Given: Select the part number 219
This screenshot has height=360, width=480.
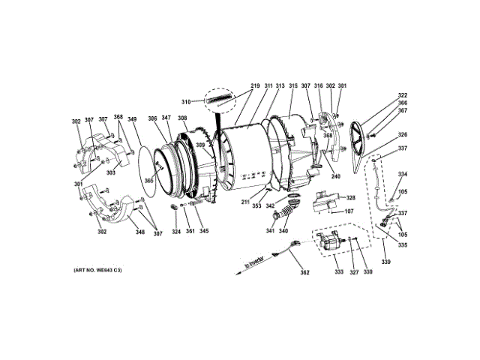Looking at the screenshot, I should (x=255, y=86).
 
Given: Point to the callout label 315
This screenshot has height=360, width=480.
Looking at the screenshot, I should (x=293, y=86).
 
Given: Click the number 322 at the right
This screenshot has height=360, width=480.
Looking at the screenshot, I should (x=403, y=95).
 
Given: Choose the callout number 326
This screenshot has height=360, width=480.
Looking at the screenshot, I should (x=403, y=135).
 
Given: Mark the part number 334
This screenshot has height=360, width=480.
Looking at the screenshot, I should (x=403, y=174).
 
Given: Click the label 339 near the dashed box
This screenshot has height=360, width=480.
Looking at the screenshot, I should (x=386, y=262).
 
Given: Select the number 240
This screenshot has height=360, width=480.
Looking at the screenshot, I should (x=335, y=177).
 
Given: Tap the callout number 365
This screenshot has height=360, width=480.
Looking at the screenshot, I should (x=149, y=180).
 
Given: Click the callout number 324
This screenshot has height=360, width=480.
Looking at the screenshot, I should (x=176, y=231).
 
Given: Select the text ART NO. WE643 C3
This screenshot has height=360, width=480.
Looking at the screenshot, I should (x=97, y=270).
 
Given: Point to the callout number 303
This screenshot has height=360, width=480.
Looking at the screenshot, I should (x=111, y=172).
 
